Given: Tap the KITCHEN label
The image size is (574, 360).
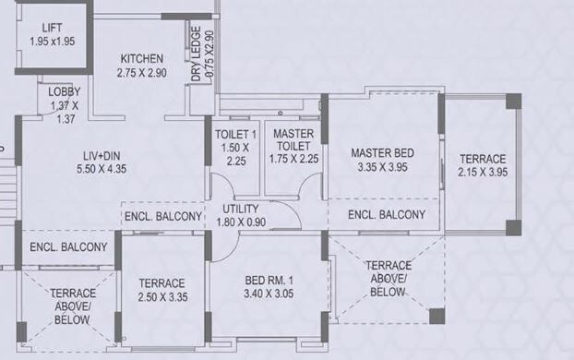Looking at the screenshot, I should pyautogui.click(x=140, y=57).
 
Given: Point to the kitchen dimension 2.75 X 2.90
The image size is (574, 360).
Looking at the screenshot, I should pyautogui.click(x=140, y=72).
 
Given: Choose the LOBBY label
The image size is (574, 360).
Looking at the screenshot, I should pyautogui.click(x=65, y=91).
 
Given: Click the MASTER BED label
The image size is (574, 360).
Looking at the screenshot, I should pyautogui.click(x=382, y=152).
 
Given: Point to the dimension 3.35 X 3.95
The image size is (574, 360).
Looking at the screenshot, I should pyautogui.click(x=382, y=167).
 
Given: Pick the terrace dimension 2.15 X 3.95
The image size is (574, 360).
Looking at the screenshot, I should pyautogui.click(x=483, y=173).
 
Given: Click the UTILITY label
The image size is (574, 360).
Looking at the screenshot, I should pyautogui.click(x=240, y=208).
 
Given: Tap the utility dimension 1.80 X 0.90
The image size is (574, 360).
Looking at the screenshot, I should pyautogui.click(x=240, y=222).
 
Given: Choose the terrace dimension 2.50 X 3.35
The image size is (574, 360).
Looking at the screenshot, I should pyautogui.click(x=161, y=298).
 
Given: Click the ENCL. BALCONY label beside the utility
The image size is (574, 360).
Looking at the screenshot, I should pyautogui.click(x=162, y=216).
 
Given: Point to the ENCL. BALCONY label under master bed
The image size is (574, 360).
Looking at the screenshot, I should pyautogui.click(x=387, y=214).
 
